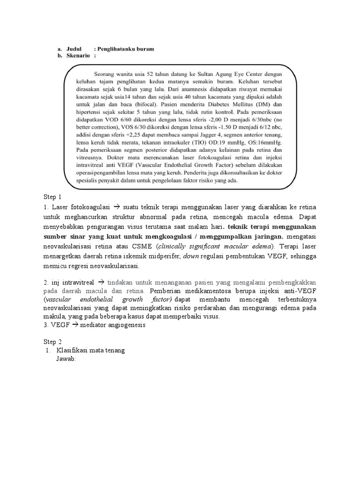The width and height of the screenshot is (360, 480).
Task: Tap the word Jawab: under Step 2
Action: click(66, 360)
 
